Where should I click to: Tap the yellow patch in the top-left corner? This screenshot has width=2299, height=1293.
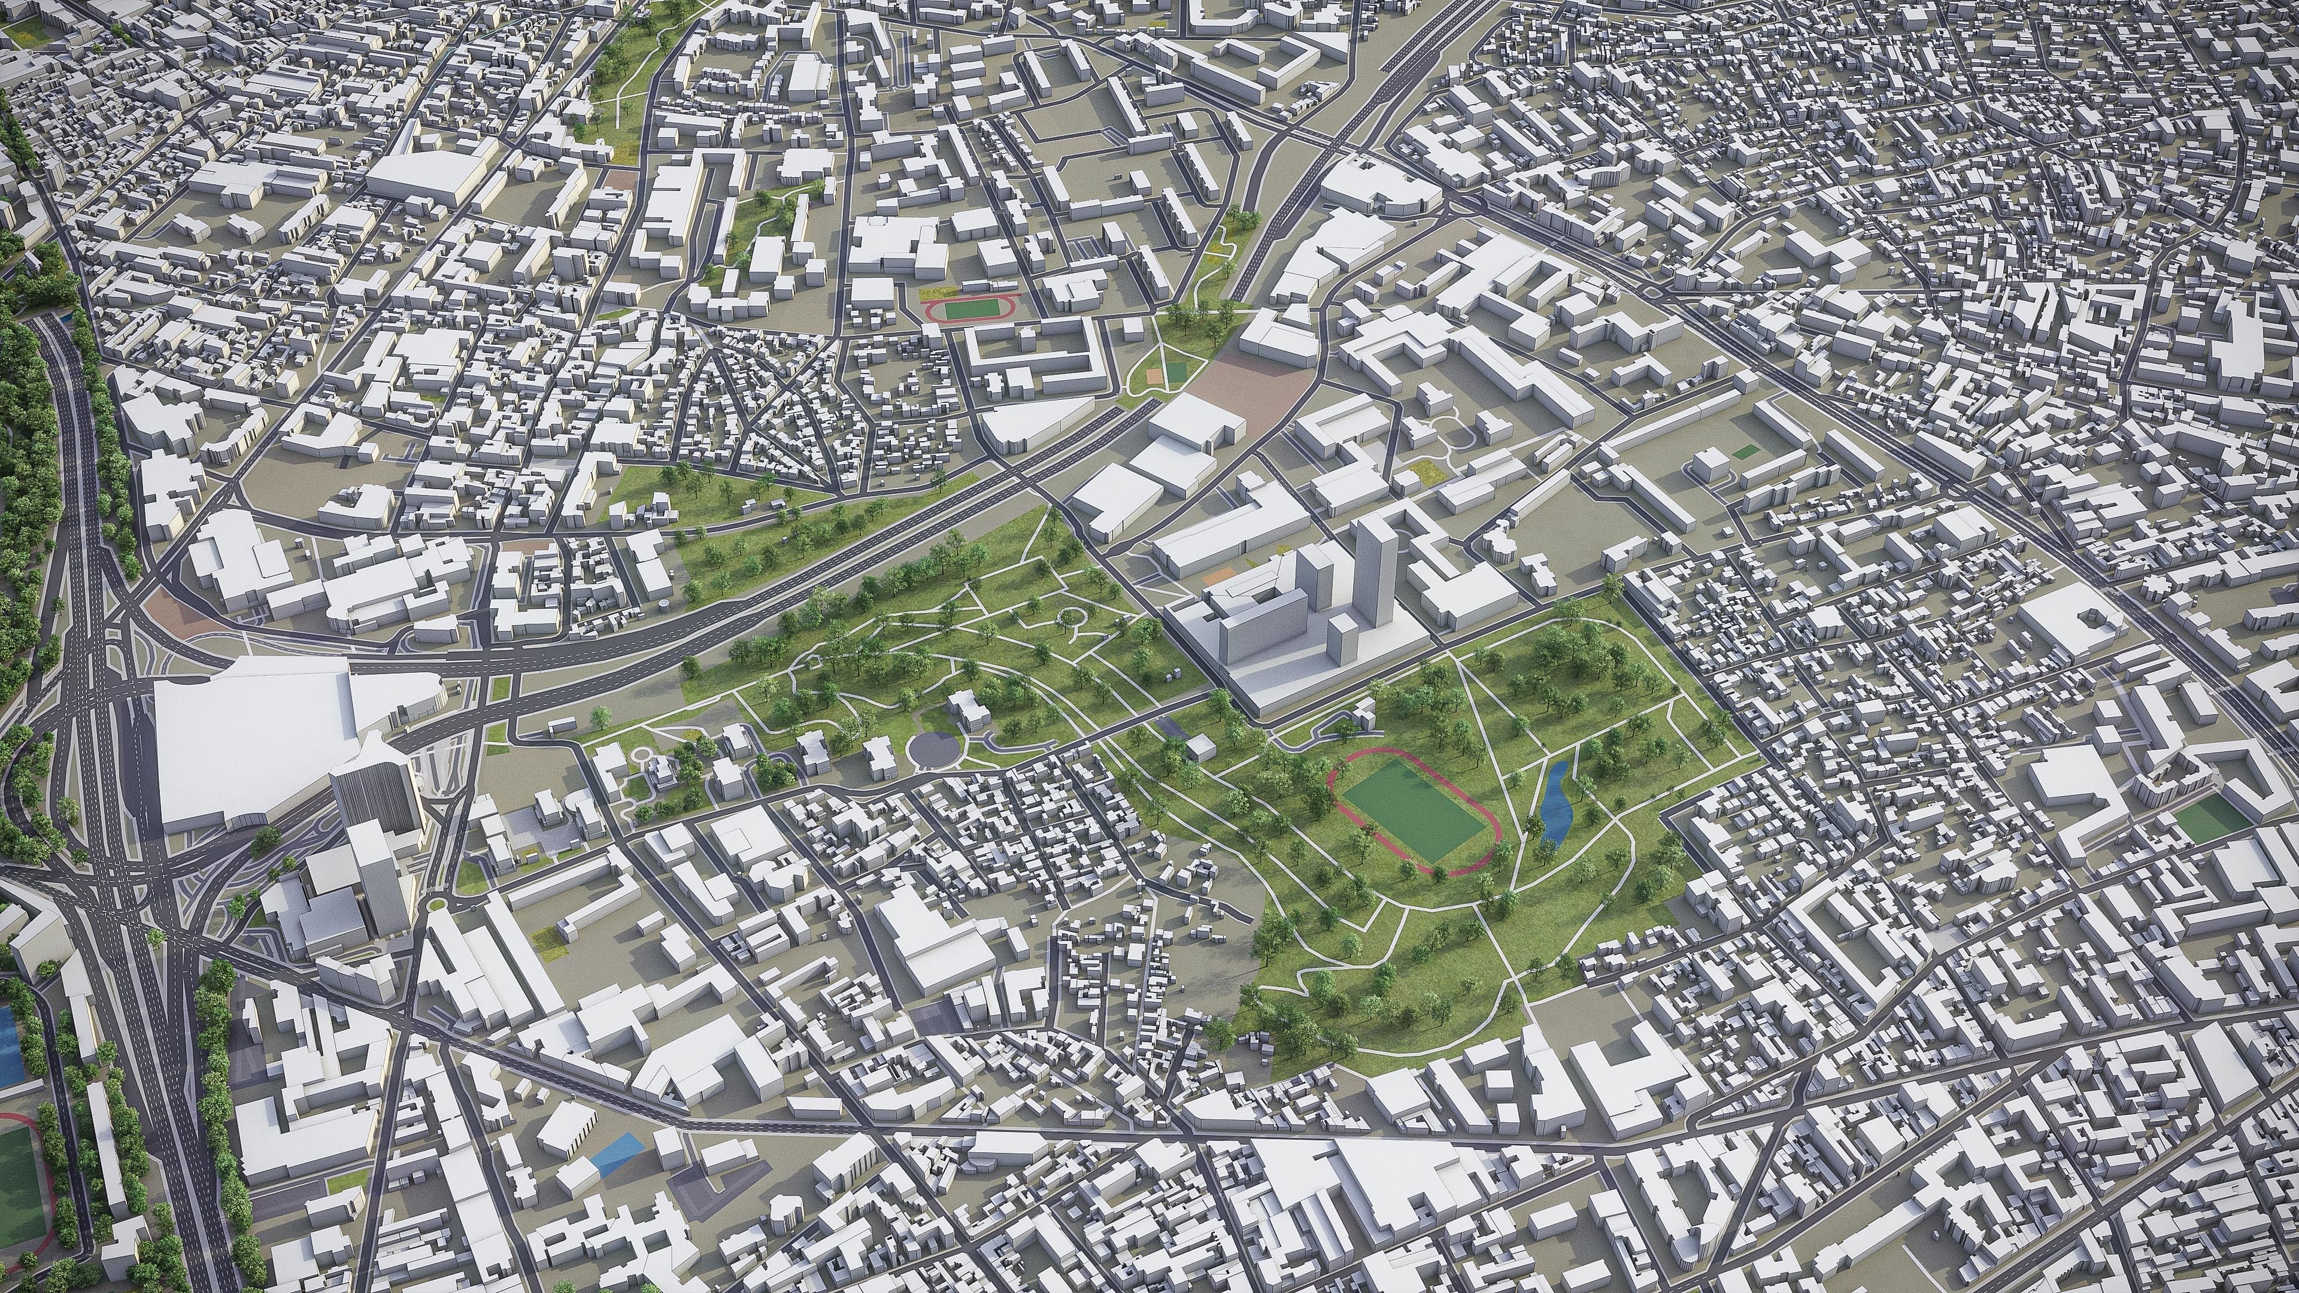pyautogui.click(x=29, y=33)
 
